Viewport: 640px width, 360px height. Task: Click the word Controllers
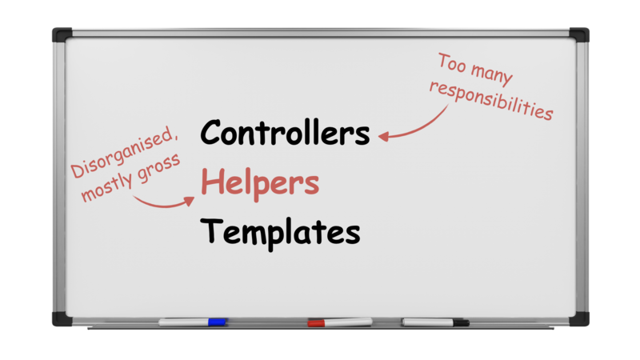click(286, 133)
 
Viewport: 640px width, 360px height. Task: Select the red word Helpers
click(259, 183)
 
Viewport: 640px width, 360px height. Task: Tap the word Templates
click(281, 232)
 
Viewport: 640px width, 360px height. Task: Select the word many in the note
click(490, 73)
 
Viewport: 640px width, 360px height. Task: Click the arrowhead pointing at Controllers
click(384, 137)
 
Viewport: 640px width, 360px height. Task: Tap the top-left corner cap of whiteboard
click(62, 34)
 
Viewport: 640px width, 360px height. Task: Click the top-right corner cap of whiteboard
click(579, 34)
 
